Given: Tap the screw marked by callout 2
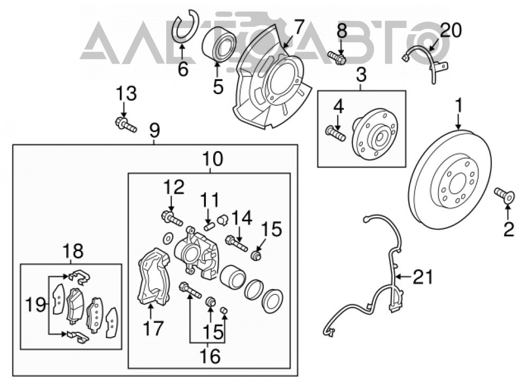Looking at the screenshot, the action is pyautogui.click(x=505, y=195).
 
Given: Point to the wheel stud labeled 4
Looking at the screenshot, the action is pyautogui.click(x=335, y=133).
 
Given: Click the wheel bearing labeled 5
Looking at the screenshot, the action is pyautogui.click(x=218, y=44).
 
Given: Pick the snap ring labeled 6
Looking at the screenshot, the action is pyautogui.click(x=186, y=26).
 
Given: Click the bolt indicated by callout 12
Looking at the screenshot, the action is pyautogui.click(x=172, y=218).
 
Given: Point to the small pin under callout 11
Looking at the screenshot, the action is pyautogui.click(x=208, y=226).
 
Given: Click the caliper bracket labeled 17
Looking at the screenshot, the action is pyautogui.click(x=154, y=278).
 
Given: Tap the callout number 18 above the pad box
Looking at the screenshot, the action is pyautogui.click(x=73, y=252).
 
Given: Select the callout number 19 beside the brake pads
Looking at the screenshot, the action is pyautogui.click(x=35, y=305).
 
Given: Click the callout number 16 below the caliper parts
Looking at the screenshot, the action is pyautogui.click(x=210, y=356).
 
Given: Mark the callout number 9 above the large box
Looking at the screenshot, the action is pyautogui.click(x=154, y=131).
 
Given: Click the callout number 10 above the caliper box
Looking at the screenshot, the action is pyautogui.click(x=213, y=159).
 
